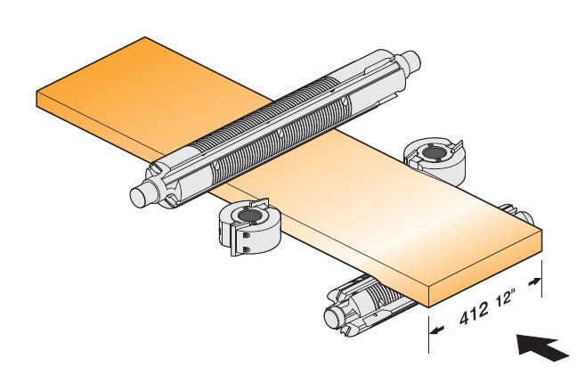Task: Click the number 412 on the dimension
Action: tap(474, 313)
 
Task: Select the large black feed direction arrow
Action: tap(542, 347)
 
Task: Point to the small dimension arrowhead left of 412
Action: tap(436, 330)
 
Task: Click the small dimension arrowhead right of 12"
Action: tap(534, 281)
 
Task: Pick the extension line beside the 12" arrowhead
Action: tap(541, 279)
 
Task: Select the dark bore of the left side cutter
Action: tap(247, 216)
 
